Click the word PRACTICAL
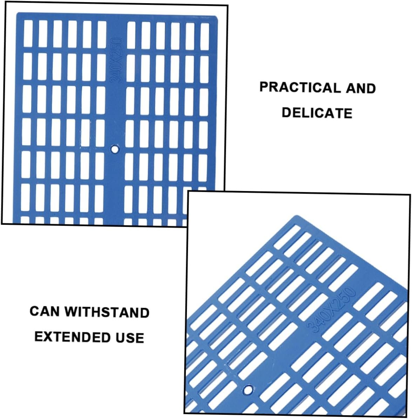click(x=300, y=87)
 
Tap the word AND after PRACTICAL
click(x=361, y=89)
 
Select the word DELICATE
click(x=317, y=113)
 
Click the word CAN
click(x=44, y=311)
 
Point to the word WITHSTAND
click(x=107, y=312)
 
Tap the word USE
click(x=130, y=338)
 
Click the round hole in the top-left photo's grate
click(x=115, y=149)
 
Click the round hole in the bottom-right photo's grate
click(x=248, y=390)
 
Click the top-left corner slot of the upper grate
click(x=28, y=34)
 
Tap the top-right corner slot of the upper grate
click(x=205, y=37)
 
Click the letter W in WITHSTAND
click(x=71, y=312)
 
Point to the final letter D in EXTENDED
click(x=105, y=337)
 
